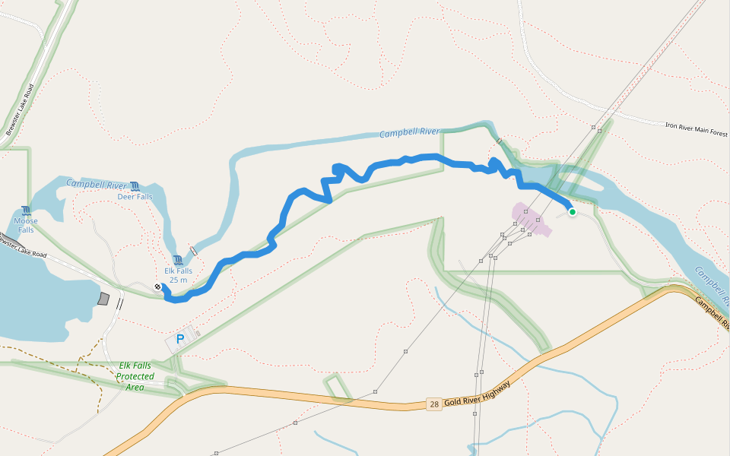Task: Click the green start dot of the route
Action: pyautogui.click(x=572, y=212)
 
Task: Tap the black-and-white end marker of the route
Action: pyautogui.click(x=157, y=287)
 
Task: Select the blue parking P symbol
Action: pyautogui.click(x=180, y=340)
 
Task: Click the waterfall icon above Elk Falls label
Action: pyautogui.click(x=178, y=261)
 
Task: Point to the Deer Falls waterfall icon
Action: pyautogui.click(x=135, y=186)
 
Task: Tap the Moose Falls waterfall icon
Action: pyautogui.click(x=27, y=211)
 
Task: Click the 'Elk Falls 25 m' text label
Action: pyautogui.click(x=179, y=275)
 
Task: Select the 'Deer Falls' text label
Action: pyautogui.click(x=135, y=197)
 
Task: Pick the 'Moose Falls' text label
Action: pyautogui.click(x=26, y=225)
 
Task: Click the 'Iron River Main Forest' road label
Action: pyautogui.click(x=697, y=128)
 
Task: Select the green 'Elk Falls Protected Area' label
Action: pyautogui.click(x=135, y=376)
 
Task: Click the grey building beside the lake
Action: pyautogui.click(x=104, y=299)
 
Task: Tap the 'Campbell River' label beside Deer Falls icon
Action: pyautogui.click(x=96, y=184)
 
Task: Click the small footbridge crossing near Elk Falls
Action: pyautogui.click(x=193, y=251)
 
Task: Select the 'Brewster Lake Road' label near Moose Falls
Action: pyautogui.click(x=23, y=244)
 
